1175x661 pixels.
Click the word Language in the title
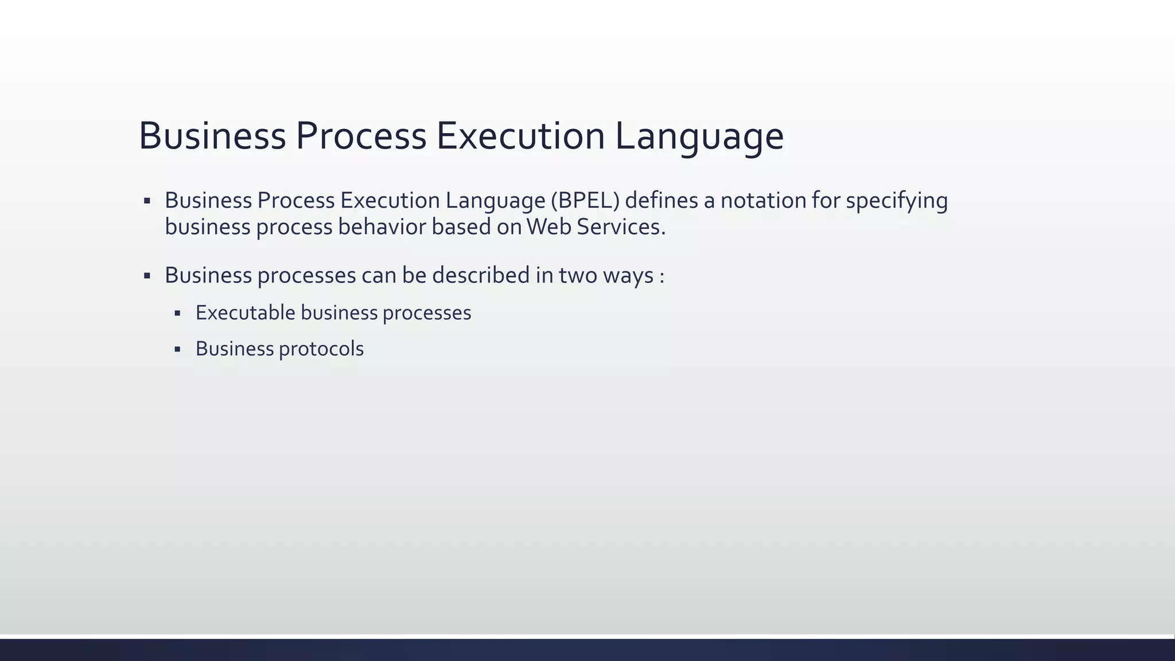tap(699, 137)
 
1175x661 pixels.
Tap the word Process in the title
tap(361, 137)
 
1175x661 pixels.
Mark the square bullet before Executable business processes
tap(177, 313)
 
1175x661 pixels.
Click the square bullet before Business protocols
tap(177, 349)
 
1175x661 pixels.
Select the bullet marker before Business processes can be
tap(147, 276)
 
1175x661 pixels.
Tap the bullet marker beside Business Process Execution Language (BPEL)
tap(147, 201)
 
